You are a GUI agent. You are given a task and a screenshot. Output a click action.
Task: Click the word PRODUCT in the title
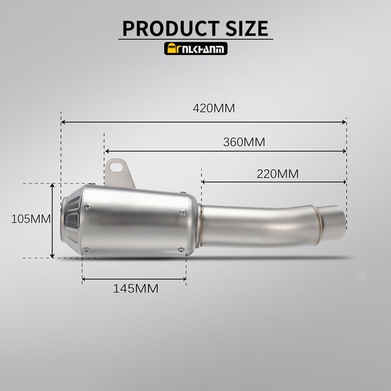click(171, 29)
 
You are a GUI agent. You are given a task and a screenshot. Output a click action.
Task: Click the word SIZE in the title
click(247, 29)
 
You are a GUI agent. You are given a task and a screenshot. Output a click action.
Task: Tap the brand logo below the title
click(195, 48)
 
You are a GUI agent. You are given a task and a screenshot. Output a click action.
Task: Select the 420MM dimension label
click(214, 108)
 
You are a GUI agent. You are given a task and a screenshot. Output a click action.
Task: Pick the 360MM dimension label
click(244, 142)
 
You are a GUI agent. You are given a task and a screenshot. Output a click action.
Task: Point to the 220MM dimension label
click(277, 174)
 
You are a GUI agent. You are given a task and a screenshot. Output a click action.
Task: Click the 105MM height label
click(31, 219)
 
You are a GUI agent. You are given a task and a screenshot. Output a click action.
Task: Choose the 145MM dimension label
click(136, 289)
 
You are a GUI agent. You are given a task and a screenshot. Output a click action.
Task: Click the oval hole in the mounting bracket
click(116, 167)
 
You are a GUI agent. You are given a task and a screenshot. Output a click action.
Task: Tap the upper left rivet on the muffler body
click(87, 206)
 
